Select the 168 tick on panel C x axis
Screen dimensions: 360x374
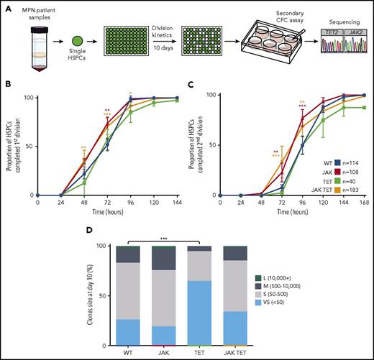click(x=360, y=202)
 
